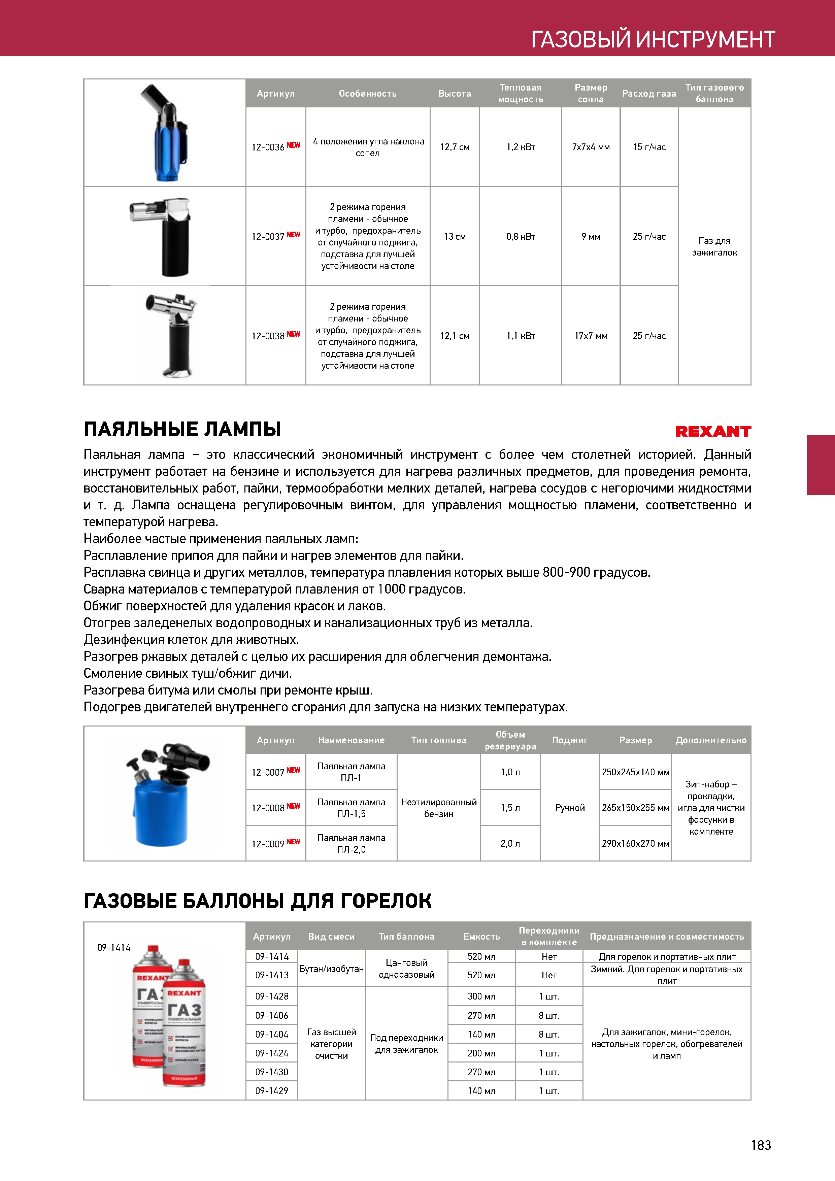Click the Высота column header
[x=454, y=94]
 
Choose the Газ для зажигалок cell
[x=714, y=246]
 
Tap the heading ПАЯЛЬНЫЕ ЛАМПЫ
[x=182, y=429]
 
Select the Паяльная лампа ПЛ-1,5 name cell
[x=352, y=808]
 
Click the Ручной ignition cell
[x=570, y=808]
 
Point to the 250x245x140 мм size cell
[x=635, y=772]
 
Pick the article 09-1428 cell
[x=272, y=996]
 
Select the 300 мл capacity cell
[x=481, y=996]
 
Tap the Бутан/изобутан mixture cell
[x=331, y=969]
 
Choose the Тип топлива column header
[x=438, y=740]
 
